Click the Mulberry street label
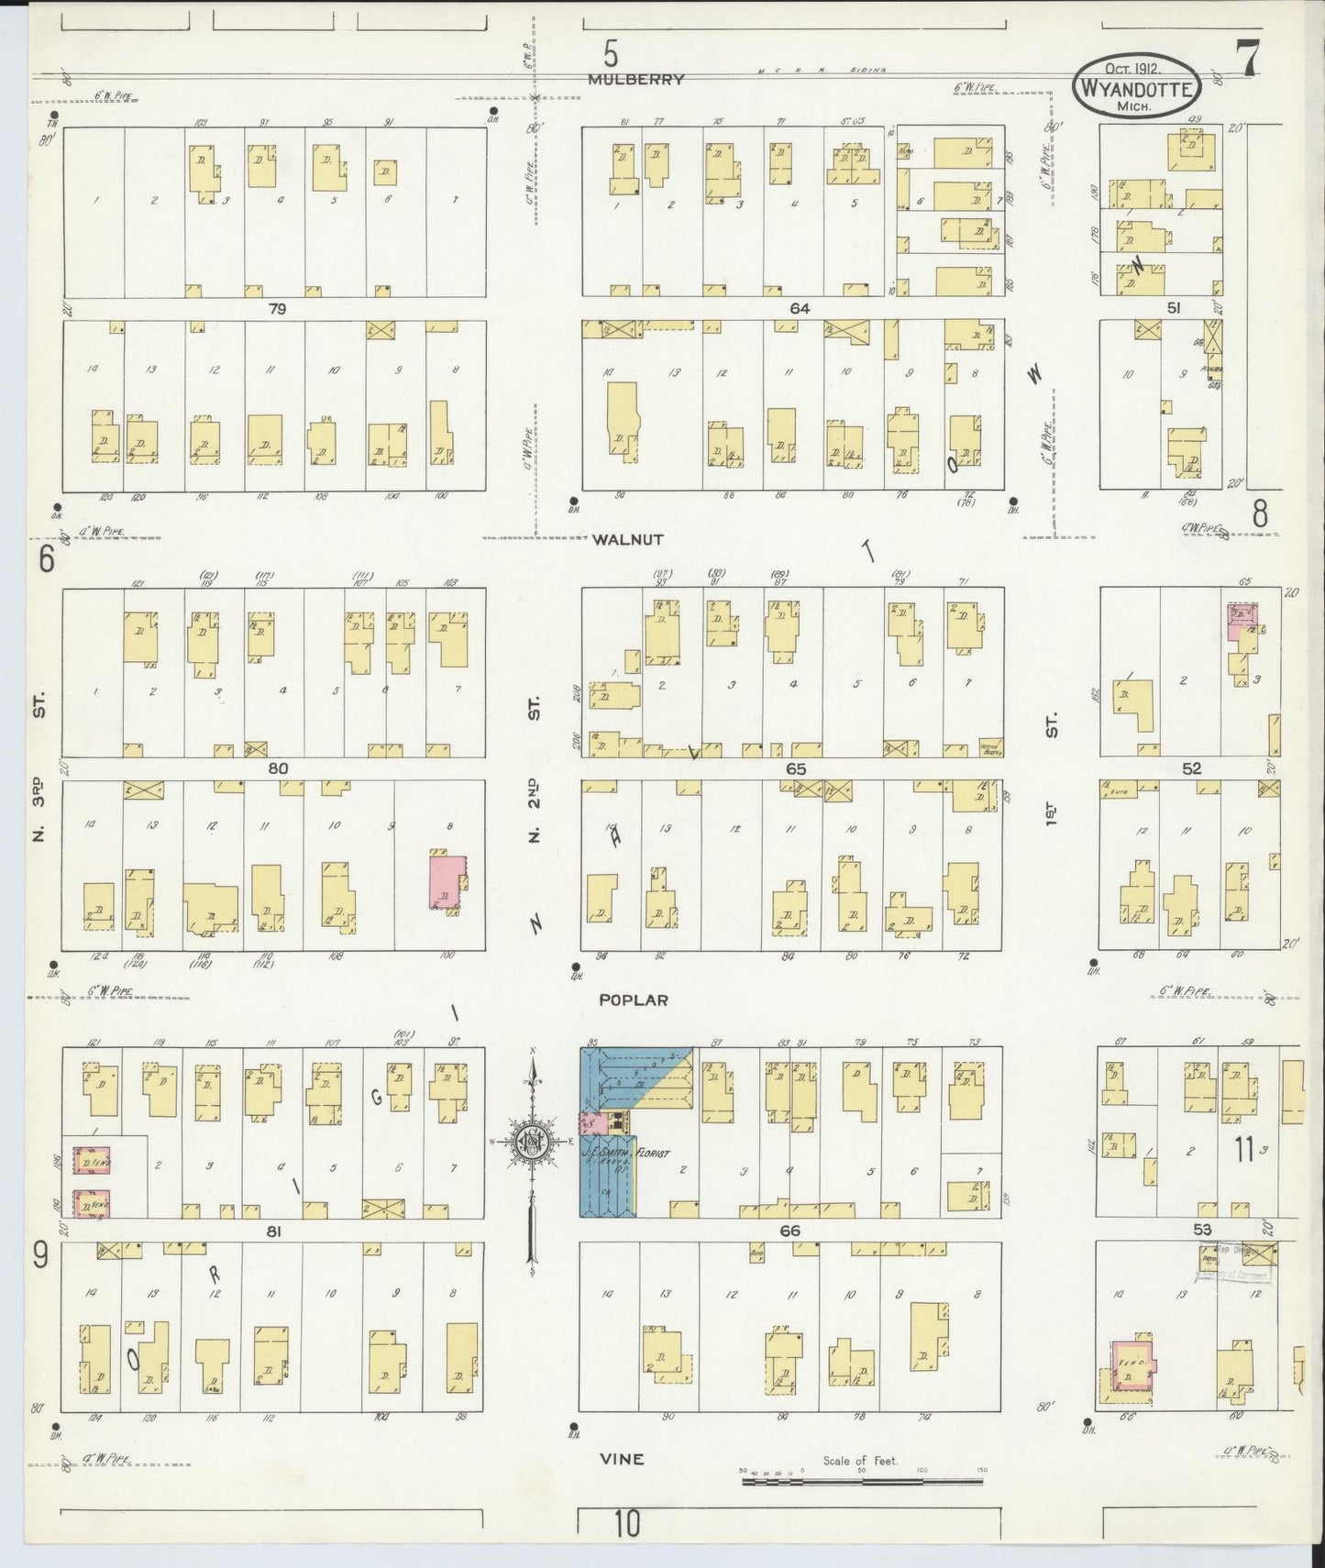635,80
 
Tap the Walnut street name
627,540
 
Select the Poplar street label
633,1000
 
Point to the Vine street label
623,1459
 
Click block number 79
276,309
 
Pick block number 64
800,309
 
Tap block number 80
277,768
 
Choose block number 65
795,768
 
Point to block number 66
789,1231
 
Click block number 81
272,1231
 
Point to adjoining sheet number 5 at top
611,50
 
